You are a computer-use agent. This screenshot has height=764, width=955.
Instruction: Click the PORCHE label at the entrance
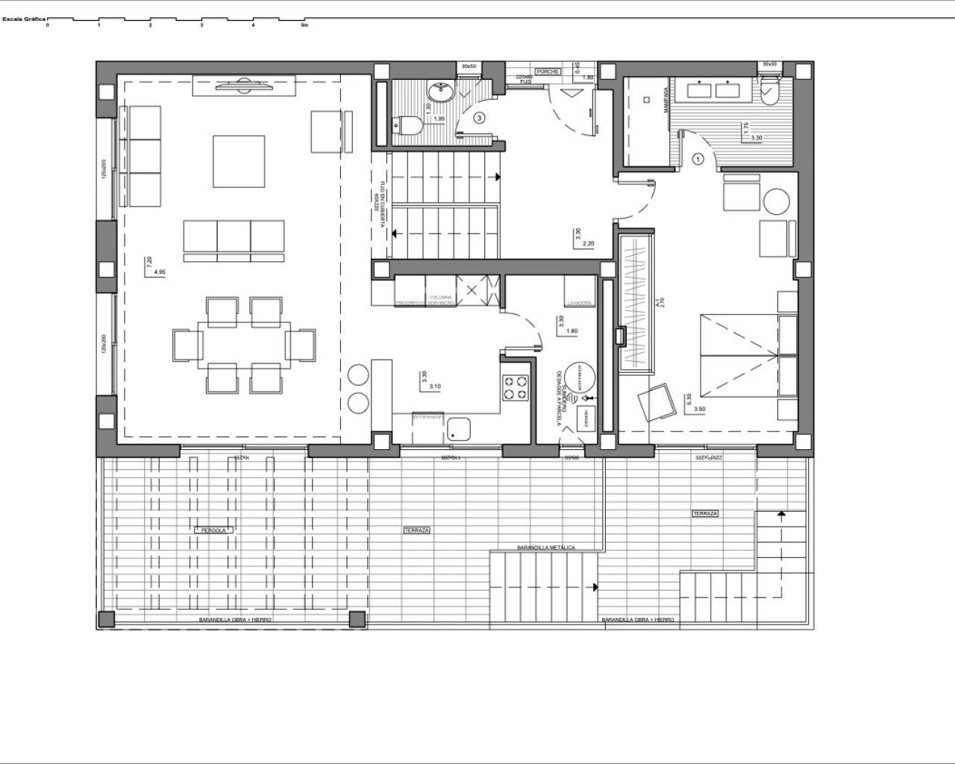coord(548,72)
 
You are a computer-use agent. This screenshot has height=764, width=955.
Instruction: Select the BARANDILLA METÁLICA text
coord(546,548)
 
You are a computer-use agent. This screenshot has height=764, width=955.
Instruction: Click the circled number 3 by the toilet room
coord(479,117)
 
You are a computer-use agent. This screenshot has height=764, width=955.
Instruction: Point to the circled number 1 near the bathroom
coord(698,158)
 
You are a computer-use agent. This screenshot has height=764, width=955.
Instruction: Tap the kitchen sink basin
coord(457,428)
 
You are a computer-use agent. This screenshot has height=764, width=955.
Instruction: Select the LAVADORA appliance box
coord(579,292)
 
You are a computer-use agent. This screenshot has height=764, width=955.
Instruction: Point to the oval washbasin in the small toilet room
coord(440,92)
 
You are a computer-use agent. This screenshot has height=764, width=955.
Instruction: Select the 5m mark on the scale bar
coord(304,25)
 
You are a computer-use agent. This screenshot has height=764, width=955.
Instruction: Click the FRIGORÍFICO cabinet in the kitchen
coord(410,291)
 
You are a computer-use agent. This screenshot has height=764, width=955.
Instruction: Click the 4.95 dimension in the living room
coord(159,273)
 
